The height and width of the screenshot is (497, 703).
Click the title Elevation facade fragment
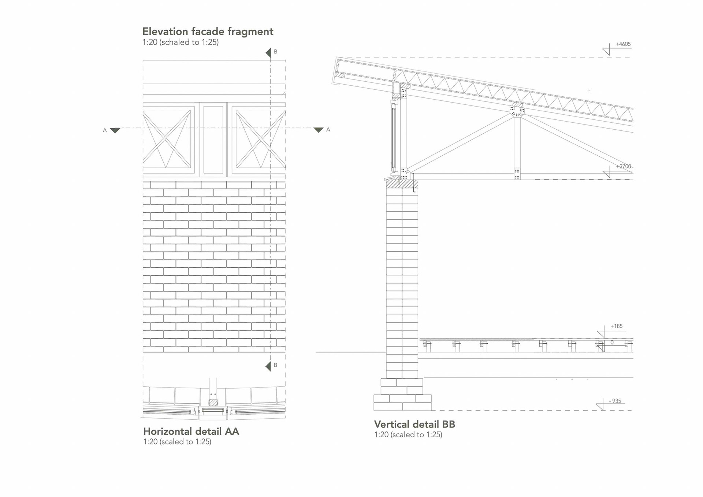click(208, 31)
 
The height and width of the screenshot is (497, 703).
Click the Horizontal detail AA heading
click(191, 431)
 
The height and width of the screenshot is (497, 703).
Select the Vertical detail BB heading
click(414, 424)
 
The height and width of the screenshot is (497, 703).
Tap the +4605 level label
click(623, 44)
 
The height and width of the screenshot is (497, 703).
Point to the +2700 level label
click(624, 166)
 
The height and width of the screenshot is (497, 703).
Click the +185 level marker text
click(616, 326)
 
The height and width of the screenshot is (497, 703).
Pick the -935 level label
click(615, 401)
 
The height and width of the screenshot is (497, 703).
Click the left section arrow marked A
click(115, 130)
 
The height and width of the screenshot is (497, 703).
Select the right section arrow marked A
click(319, 130)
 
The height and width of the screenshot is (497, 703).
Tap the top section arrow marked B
click(268, 53)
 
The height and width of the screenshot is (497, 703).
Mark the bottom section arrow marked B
click(268, 366)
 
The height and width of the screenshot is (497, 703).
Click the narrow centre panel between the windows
click(213, 139)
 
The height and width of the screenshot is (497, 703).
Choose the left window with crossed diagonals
click(167, 139)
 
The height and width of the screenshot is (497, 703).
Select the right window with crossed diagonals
click(259, 139)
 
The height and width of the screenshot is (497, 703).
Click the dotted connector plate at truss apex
click(517, 111)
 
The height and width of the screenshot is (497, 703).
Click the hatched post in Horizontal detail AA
click(213, 402)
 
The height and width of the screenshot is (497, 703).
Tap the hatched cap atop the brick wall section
click(402, 183)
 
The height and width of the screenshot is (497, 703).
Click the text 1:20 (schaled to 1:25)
click(181, 42)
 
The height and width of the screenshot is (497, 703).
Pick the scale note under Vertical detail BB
click(408, 435)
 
